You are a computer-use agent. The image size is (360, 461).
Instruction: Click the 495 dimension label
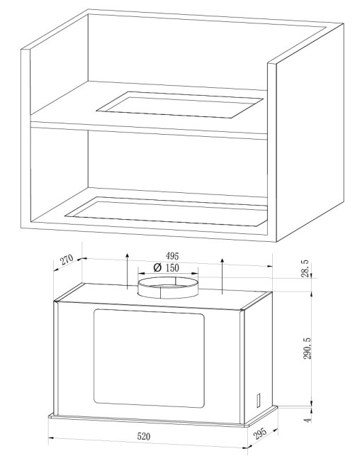tap(172, 256)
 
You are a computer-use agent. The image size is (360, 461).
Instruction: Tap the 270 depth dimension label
tap(67, 260)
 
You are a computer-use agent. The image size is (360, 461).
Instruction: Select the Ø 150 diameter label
tap(167, 268)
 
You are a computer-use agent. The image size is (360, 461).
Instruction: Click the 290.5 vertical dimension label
tap(308, 348)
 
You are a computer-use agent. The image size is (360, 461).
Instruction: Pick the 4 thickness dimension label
tap(308, 420)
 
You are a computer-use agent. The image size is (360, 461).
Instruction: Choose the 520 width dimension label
tap(144, 436)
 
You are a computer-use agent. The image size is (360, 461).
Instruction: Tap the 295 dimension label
tap(260, 433)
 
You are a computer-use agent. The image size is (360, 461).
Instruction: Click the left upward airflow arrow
tap(128, 271)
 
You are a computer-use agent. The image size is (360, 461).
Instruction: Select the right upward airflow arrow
tap(223, 276)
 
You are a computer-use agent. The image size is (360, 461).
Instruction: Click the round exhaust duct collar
tap(168, 287)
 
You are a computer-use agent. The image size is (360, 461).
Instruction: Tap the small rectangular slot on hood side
tap(258, 400)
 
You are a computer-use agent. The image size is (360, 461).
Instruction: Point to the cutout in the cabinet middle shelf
tap(179, 105)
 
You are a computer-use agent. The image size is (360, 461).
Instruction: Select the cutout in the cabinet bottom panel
tap(166, 211)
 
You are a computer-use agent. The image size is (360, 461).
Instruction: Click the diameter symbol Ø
tap(158, 268)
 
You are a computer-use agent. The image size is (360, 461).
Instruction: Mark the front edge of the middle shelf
tap(149, 129)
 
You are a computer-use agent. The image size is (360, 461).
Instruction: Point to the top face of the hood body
tap(163, 296)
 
